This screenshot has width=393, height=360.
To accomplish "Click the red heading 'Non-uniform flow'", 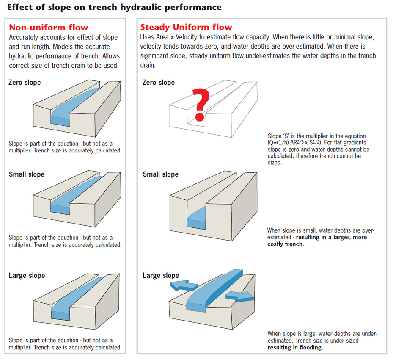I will [x=49, y=28].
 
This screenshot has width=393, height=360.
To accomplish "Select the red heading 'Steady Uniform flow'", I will [x=186, y=27].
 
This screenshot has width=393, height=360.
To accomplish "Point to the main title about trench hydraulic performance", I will [x=114, y=7].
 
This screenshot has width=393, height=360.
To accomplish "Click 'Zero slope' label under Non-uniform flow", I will [x=25, y=82].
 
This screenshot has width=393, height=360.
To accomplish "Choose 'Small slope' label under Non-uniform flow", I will [x=26, y=174].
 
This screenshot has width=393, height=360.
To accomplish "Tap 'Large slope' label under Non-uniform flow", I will [x=27, y=276].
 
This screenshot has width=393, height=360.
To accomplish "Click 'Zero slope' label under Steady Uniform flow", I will [x=159, y=82].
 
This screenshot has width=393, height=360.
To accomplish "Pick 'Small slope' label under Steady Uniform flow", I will [x=160, y=174].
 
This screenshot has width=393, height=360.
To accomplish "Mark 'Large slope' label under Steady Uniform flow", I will [x=161, y=276].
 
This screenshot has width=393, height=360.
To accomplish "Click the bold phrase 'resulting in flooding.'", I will [x=295, y=348].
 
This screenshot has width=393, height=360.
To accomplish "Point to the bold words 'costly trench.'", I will [x=286, y=244].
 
